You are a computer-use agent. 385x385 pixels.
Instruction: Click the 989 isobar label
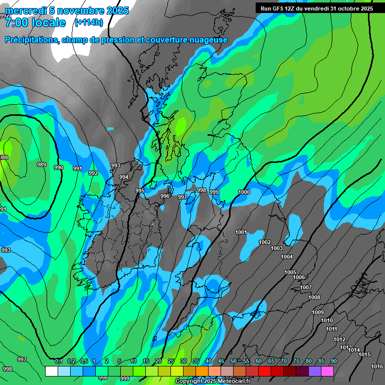pyautogui.click(x=42, y=164)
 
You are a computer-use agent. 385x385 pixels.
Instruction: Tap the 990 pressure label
pyautogui.click(x=59, y=167)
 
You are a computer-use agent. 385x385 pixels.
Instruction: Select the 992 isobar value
pyautogui.click(x=93, y=173)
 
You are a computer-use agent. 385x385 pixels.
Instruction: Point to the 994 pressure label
pyautogui.click(x=124, y=177)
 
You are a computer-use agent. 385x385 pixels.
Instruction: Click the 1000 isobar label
pyautogui.click(x=244, y=192)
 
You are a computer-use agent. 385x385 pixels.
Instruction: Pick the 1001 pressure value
pyautogui.click(x=241, y=232)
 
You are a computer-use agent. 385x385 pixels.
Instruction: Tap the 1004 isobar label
pyautogui.click(x=287, y=257)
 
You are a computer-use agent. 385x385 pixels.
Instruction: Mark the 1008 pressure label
pyautogui.click(x=314, y=297)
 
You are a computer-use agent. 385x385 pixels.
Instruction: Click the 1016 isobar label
pyautogui.click(x=377, y=366)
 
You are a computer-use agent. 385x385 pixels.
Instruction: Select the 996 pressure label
pyautogui.click(x=165, y=196)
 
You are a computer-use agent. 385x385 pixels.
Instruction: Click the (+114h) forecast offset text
pyautogui.click(x=88, y=22)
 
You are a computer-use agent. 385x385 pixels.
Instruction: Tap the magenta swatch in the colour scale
pyautogui.click(x=327, y=371)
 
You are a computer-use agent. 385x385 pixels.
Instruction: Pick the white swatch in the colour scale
pyautogui.click(x=51, y=371)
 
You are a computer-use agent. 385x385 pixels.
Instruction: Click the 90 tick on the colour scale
pyautogui.click(x=333, y=361)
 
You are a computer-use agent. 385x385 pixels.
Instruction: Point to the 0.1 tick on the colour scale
pyautogui.click(x=58, y=361)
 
